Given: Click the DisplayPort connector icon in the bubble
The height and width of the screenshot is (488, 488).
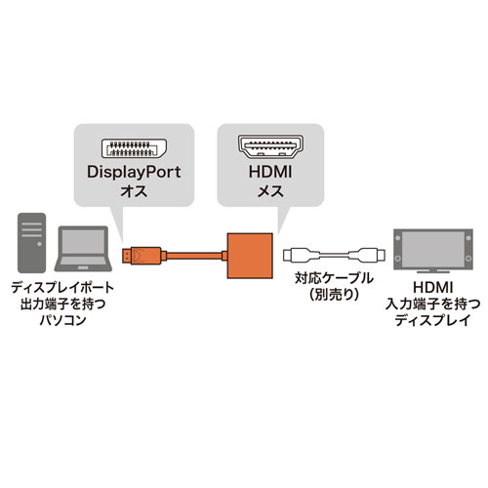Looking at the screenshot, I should coord(131,149).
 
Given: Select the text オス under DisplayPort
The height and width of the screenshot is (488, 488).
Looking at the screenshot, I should coord(131,193).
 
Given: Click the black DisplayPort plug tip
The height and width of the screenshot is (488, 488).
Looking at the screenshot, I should coord(127,256).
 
